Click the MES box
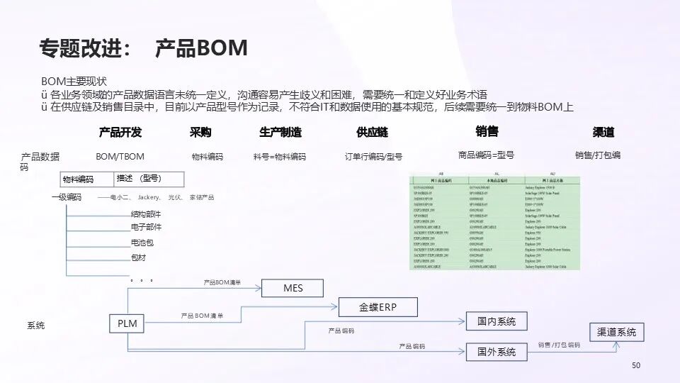click(293, 288)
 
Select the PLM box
click(127, 323)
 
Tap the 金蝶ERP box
click(378, 307)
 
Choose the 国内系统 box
click(497, 321)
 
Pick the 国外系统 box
click(497, 351)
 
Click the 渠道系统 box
click(616, 331)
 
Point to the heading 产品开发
click(120, 132)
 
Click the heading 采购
click(200, 132)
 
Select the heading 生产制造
click(280, 132)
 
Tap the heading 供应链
click(372, 132)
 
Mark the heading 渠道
click(603, 132)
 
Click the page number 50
click(635, 365)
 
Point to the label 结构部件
click(146, 213)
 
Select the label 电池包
click(142, 243)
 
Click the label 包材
click(138, 257)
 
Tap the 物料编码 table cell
click(78, 179)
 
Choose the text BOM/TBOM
click(120, 156)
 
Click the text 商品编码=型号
click(486, 155)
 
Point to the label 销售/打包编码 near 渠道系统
click(558, 345)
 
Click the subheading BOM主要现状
click(74, 82)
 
